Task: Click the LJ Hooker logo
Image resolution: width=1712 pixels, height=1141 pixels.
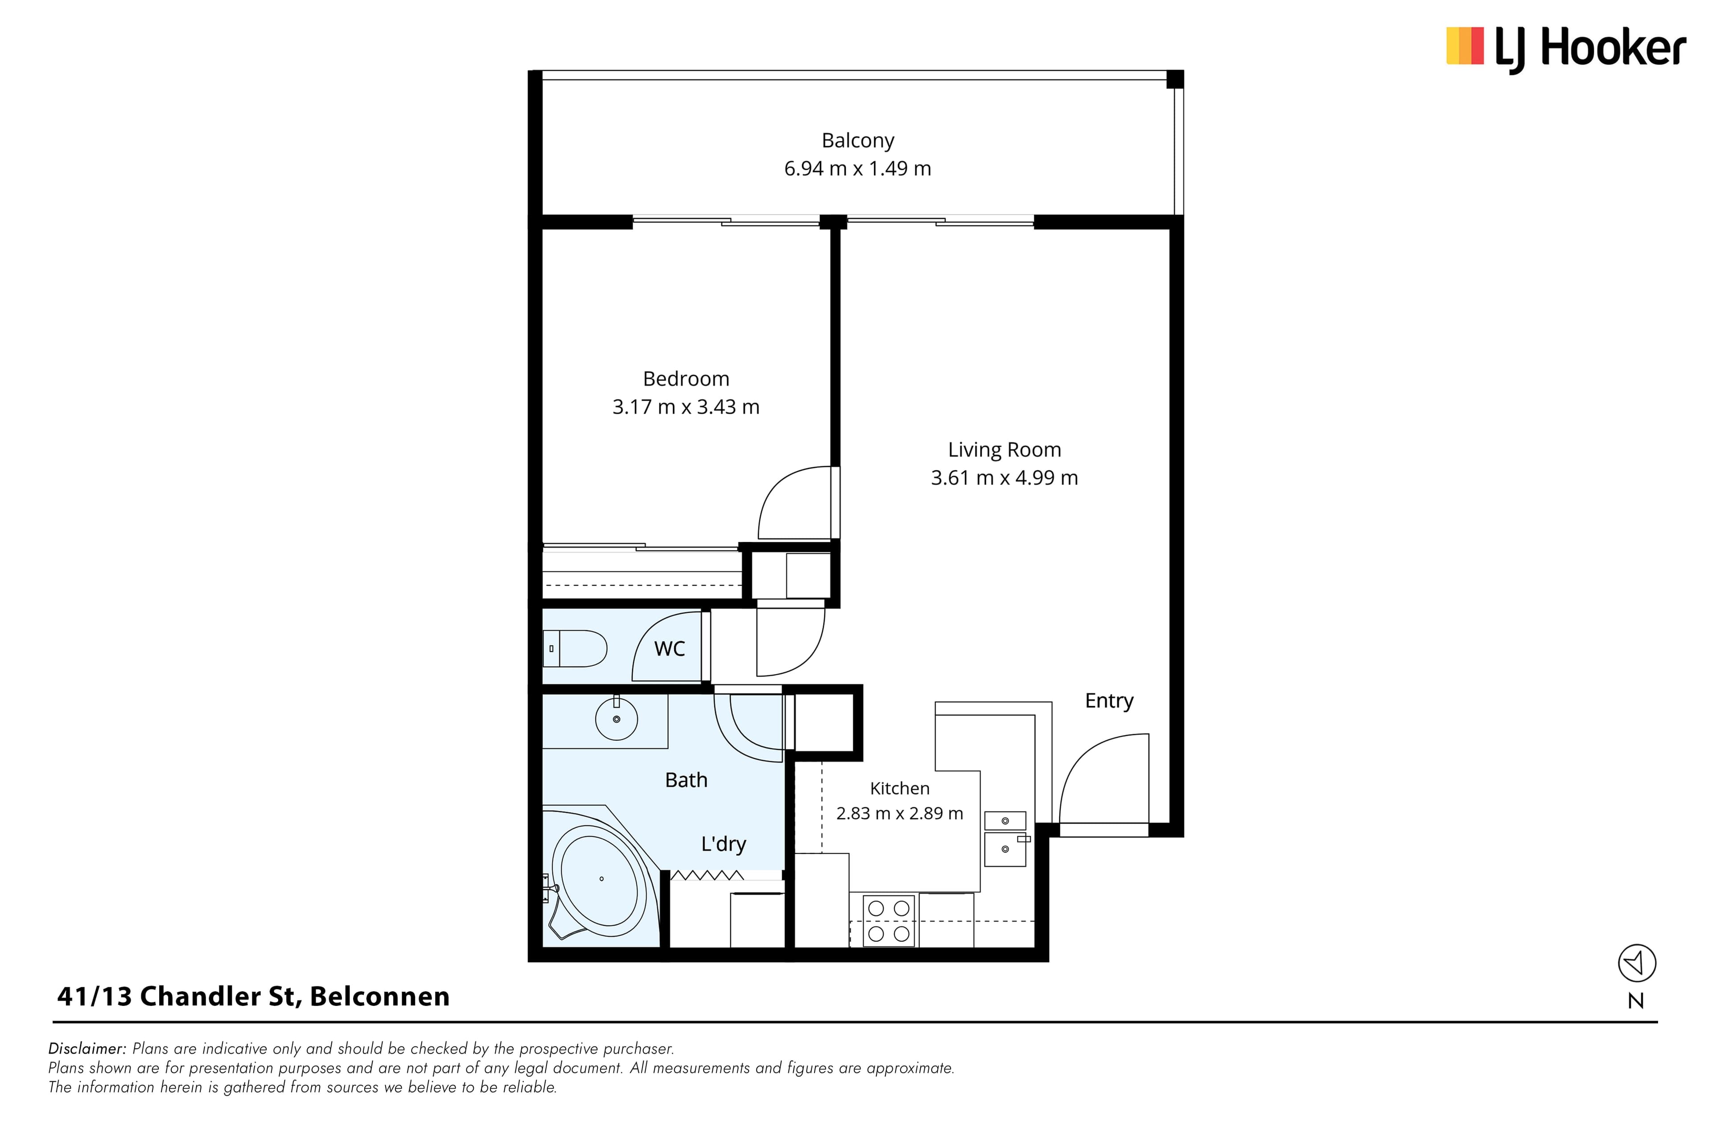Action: tap(1566, 49)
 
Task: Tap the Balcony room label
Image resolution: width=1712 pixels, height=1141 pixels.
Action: tap(857, 140)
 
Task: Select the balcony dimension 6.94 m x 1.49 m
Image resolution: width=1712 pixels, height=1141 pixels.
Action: tap(857, 169)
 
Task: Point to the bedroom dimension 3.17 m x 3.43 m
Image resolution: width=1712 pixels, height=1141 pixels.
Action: tap(686, 407)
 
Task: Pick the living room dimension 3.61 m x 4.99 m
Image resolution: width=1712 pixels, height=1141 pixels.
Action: tap(1004, 478)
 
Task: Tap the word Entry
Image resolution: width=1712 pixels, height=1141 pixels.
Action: tap(1109, 701)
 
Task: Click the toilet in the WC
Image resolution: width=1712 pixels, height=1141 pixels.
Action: tap(575, 648)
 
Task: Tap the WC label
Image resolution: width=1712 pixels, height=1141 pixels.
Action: tap(670, 649)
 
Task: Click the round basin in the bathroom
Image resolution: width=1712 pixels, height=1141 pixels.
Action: tap(617, 719)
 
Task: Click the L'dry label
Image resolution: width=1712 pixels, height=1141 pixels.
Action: tap(724, 844)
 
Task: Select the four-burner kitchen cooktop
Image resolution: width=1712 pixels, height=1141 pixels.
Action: tap(889, 920)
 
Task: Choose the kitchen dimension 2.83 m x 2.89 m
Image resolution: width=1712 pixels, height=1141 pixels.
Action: tap(900, 813)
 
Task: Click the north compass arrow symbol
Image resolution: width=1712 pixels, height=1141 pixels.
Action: tap(1637, 964)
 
